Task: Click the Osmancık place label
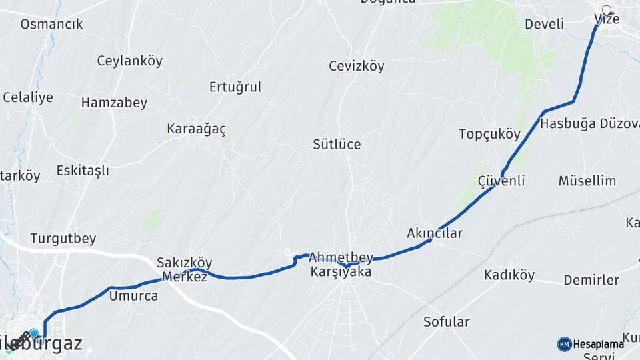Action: pyautogui.click(x=51, y=24)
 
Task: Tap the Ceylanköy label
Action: pyautogui.click(x=129, y=61)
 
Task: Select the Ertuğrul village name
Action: pyautogui.click(x=235, y=87)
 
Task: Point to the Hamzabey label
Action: pyautogui.click(x=114, y=103)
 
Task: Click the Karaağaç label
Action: pyautogui.click(x=197, y=129)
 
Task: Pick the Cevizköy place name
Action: pyautogui.click(x=357, y=66)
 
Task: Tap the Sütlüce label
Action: pyautogui.click(x=337, y=144)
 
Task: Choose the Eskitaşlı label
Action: pyautogui.click(x=83, y=171)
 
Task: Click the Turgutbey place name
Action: pyautogui.click(x=63, y=238)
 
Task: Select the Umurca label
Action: pyautogui.click(x=133, y=295)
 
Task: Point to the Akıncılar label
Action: pyautogui.click(x=435, y=233)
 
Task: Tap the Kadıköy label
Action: pyautogui.click(x=509, y=275)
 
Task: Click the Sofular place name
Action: pyautogui.click(x=447, y=322)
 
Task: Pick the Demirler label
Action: pyautogui.click(x=591, y=279)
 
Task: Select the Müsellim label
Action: pyautogui.click(x=587, y=181)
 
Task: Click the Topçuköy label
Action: pyautogui.click(x=489, y=133)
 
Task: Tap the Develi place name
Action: pyautogui.click(x=544, y=24)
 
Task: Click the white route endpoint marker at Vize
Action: pyautogui.click(x=607, y=10)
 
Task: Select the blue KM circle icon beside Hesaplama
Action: pyautogui.click(x=564, y=344)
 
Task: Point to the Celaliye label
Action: pyautogui.click(x=27, y=97)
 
